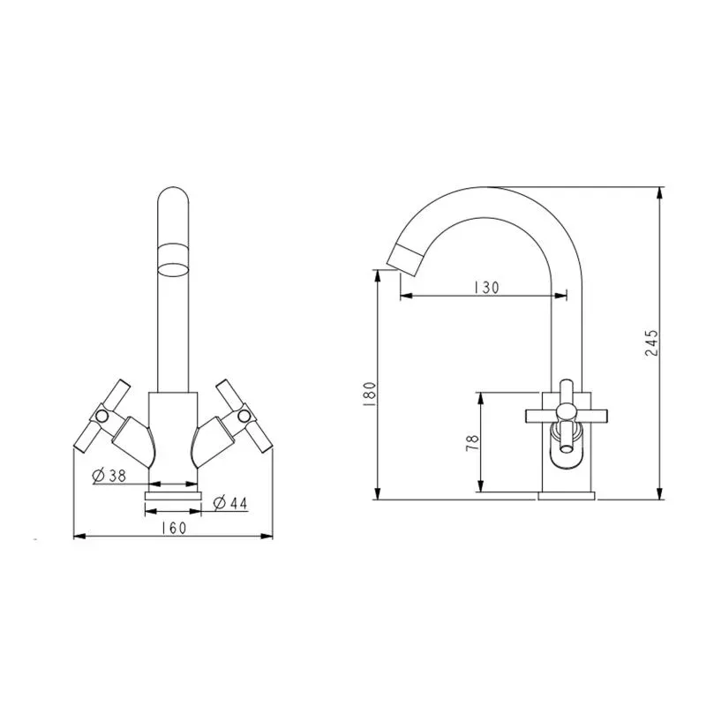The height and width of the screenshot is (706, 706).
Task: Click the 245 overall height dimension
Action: point(651,342)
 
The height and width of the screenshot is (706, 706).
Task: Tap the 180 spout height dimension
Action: point(369,394)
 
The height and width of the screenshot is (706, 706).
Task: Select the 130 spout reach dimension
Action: point(486,288)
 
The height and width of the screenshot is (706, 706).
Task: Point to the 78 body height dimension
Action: point(472,444)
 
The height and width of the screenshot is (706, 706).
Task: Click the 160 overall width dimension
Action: point(173,528)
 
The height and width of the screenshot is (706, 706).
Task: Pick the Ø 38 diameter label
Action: point(109,475)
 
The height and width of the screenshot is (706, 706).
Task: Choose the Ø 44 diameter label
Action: point(230,502)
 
